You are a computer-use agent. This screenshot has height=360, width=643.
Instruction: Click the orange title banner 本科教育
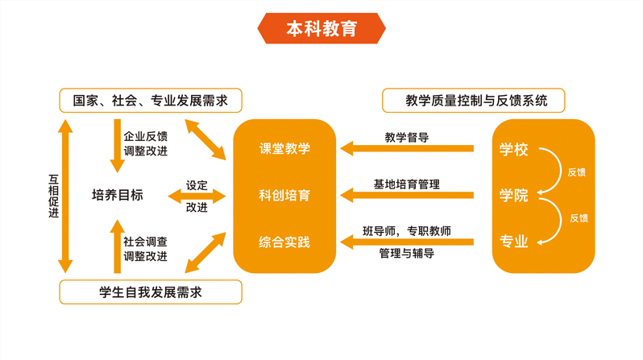[321, 29]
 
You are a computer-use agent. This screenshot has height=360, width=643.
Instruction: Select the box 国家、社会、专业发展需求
[151, 101]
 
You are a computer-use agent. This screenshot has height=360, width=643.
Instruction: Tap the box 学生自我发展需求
[151, 292]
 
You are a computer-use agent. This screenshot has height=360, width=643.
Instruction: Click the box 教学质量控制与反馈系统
[472, 101]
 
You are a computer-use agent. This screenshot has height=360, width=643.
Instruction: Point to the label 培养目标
[118, 195]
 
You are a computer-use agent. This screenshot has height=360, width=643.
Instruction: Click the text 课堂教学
[284, 149]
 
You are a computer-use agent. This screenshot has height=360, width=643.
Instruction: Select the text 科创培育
[284, 196]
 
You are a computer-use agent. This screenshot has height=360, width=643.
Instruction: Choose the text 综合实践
[284, 242]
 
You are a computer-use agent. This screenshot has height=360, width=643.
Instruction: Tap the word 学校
[513, 149]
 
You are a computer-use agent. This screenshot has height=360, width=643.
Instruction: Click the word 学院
[513, 195]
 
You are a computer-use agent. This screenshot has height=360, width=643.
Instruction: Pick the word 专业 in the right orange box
[513, 241]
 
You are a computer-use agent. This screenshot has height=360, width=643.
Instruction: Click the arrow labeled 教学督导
[406, 148]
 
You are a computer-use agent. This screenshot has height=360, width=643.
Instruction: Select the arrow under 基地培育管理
[406, 194]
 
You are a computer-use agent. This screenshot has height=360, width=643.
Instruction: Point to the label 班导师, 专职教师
[407, 230]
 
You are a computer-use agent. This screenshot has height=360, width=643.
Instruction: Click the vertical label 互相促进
[53, 195]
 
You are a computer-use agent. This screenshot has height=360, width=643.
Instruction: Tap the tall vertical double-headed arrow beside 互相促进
[66, 195]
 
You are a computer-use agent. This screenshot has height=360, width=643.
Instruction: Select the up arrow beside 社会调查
[117, 246]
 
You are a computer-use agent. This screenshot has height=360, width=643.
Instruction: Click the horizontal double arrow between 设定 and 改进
[197, 195]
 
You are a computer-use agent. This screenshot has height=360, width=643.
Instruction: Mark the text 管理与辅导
[407, 254]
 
